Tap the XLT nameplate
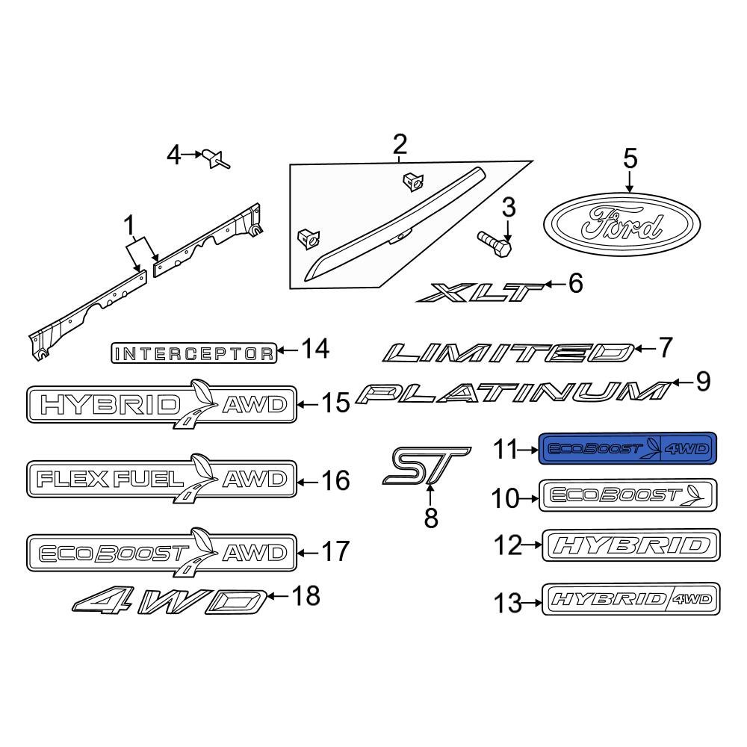click(x=481, y=292)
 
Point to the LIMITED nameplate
click(x=508, y=352)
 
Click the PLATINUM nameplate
click(x=512, y=393)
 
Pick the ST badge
click(x=427, y=466)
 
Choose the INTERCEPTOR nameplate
click(x=193, y=353)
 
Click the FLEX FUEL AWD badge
click(x=161, y=479)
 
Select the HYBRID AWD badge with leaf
click(x=161, y=405)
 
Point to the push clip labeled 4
click(x=215, y=158)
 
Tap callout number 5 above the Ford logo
click(x=630, y=158)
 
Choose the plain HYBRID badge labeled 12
click(x=631, y=546)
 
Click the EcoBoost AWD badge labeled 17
click(x=161, y=554)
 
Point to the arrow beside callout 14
click(x=288, y=350)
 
